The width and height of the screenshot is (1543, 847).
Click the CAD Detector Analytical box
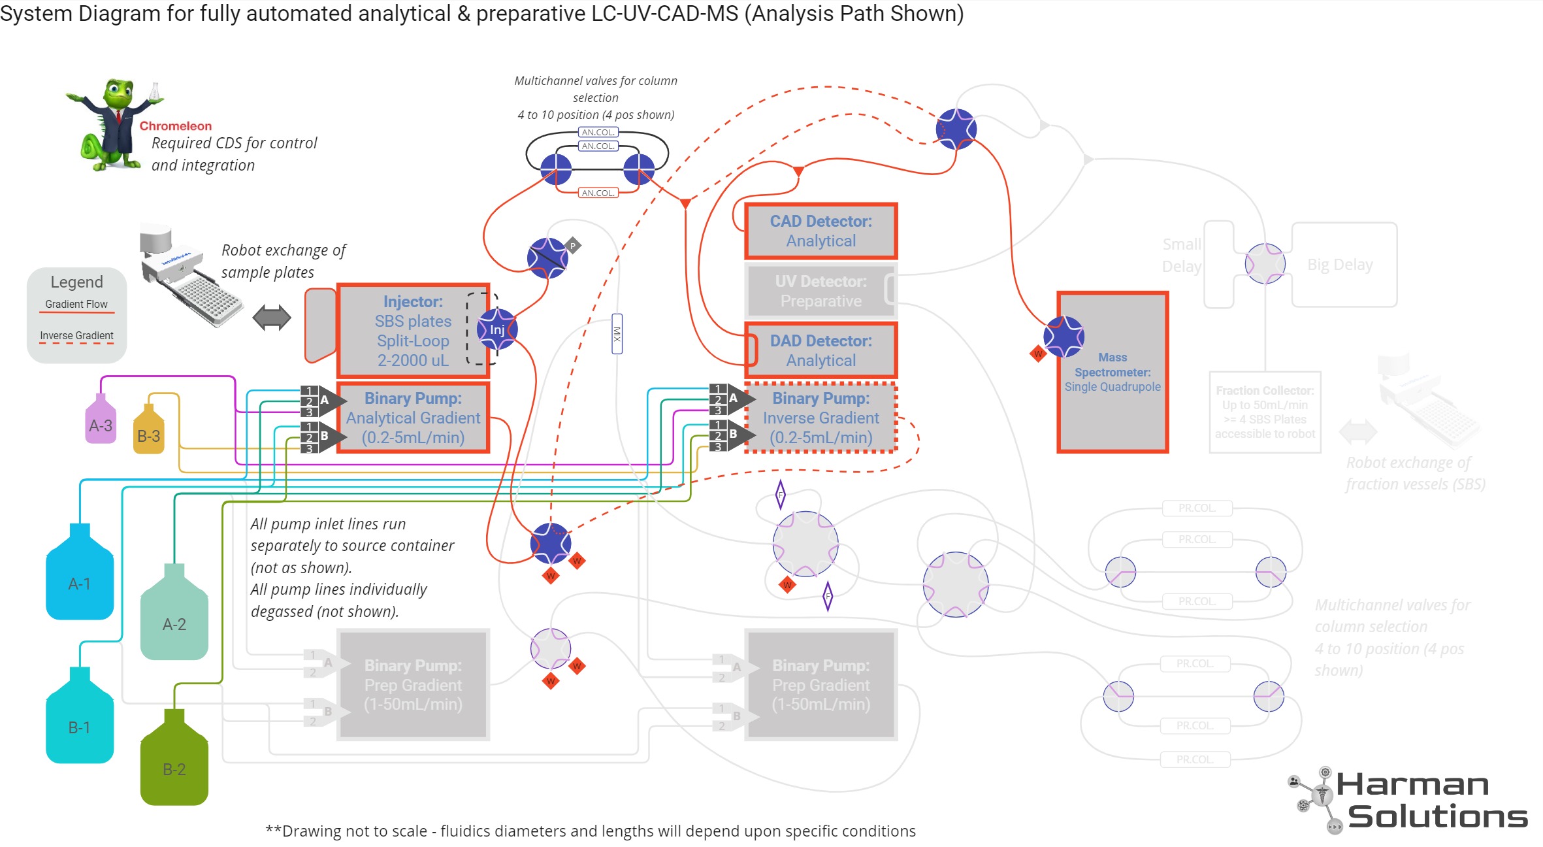(820, 231)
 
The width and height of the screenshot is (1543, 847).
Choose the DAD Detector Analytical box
(820, 351)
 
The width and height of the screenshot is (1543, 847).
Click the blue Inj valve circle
(497, 329)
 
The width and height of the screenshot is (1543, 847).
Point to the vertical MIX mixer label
(617, 334)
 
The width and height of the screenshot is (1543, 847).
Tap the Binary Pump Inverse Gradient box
(820, 418)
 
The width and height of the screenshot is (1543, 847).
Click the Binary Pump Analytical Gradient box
(413, 418)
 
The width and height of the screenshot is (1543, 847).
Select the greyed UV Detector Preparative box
(820, 291)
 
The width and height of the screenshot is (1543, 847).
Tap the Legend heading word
(76, 282)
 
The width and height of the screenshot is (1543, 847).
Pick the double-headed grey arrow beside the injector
(272, 318)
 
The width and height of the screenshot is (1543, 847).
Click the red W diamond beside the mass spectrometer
(1038, 354)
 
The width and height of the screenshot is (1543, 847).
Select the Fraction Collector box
(1265, 412)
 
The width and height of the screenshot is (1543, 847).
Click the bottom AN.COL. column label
(598, 193)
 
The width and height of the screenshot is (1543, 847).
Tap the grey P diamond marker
(573, 246)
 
